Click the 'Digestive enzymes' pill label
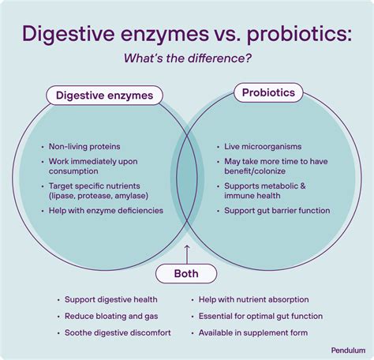(x=105, y=96)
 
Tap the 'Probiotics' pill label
(x=269, y=93)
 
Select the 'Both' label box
(x=187, y=274)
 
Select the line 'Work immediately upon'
(x=93, y=161)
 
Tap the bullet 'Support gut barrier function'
(x=277, y=211)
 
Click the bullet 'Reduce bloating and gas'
(x=107, y=316)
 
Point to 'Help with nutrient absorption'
(x=252, y=300)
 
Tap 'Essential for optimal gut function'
(x=260, y=316)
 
